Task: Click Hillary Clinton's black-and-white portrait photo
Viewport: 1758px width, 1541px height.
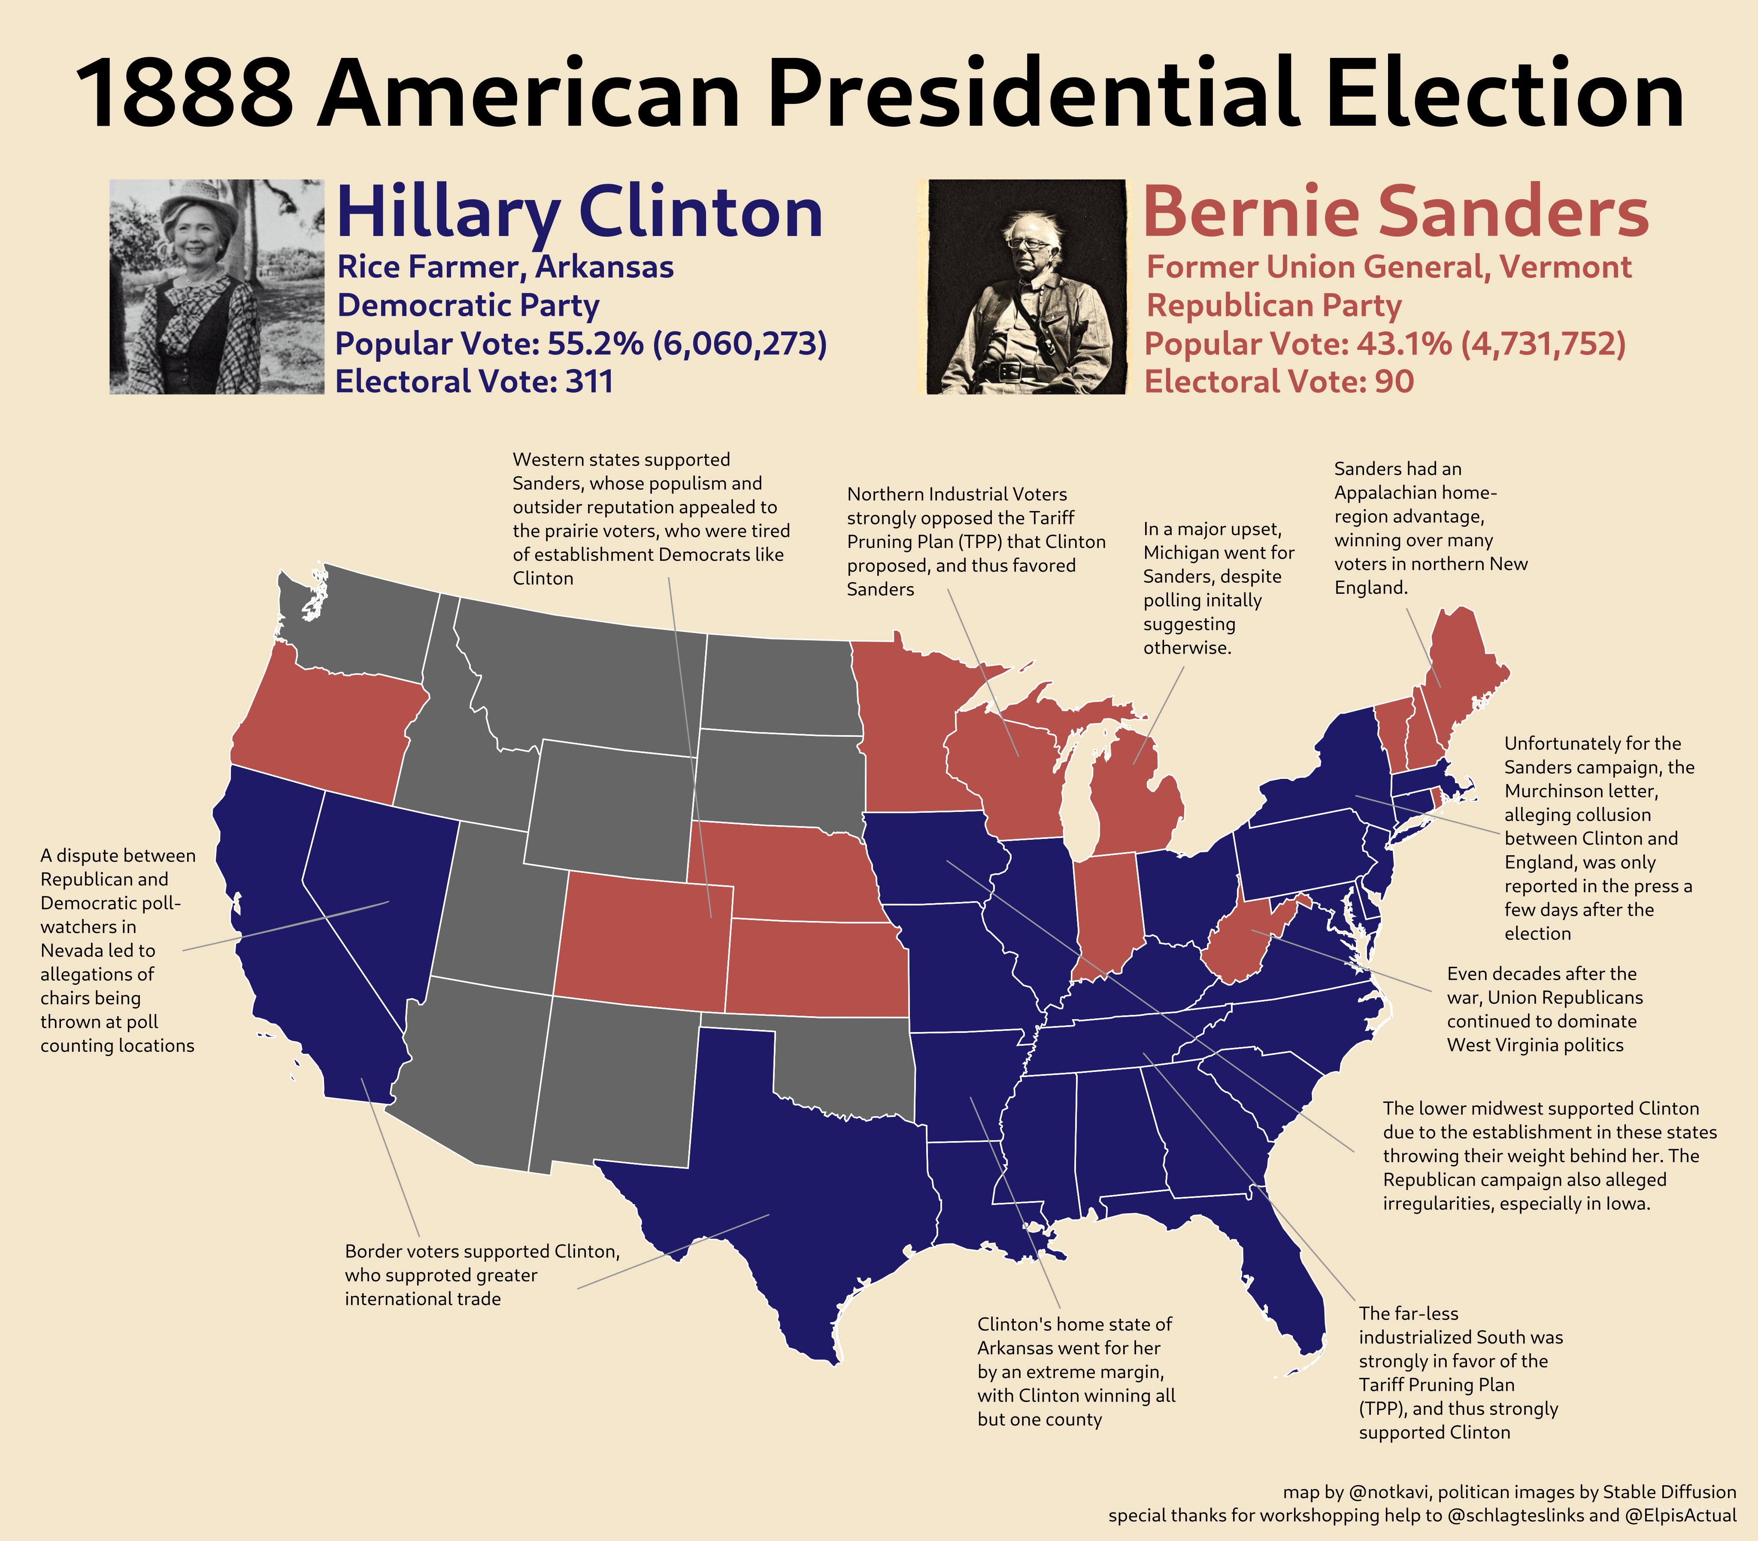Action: [217, 286]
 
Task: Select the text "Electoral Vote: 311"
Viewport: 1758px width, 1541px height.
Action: [474, 381]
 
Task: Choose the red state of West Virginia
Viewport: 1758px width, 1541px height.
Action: [1239, 946]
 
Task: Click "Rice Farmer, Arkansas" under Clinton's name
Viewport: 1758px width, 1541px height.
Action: [505, 266]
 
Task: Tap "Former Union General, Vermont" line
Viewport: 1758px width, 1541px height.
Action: [1388, 266]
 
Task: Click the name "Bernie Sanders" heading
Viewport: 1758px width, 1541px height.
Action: [1395, 212]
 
